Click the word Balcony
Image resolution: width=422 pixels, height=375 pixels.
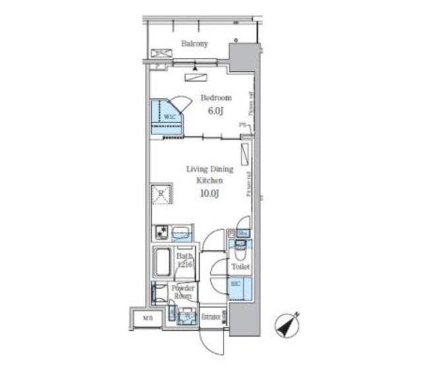(x=195, y=44)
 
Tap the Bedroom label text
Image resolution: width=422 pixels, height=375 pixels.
(x=216, y=98)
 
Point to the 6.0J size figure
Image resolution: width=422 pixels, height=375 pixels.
(x=216, y=111)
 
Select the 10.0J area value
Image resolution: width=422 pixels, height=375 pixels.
(x=208, y=193)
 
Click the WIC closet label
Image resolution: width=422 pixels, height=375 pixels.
(x=169, y=117)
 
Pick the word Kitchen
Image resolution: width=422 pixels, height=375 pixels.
(x=208, y=180)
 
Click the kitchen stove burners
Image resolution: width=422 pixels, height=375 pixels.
(x=161, y=232)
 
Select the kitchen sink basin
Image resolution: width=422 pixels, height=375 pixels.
(x=181, y=233)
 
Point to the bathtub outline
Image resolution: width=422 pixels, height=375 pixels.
(x=162, y=263)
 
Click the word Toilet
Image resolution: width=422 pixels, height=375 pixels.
(x=239, y=267)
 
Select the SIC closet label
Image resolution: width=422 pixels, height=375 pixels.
(x=236, y=283)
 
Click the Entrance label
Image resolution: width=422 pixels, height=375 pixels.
(x=210, y=316)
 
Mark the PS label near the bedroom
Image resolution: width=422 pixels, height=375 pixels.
(x=242, y=125)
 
